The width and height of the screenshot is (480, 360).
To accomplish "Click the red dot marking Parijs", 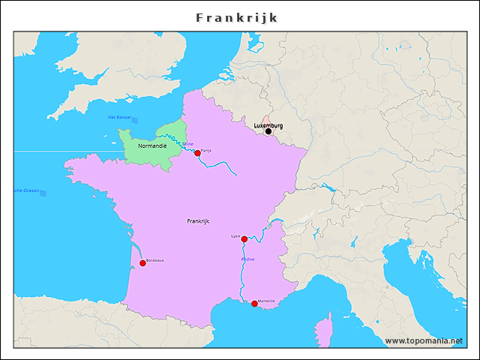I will pyautogui.click(x=197, y=153).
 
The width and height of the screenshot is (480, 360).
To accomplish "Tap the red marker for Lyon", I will pyautogui.click(x=244, y=239).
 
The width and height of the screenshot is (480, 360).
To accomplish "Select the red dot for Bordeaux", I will pyautogui.click(x=142, y=263).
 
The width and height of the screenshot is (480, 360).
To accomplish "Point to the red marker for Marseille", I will pyautogui.click(x=254, y=304).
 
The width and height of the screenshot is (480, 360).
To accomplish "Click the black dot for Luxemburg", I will pyautogui.click(x=268, y=131).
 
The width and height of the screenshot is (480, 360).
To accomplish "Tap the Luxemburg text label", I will pyautogui.click(x=268, y=124).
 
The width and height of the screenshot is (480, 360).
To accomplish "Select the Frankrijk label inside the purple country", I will pyautogui.click(x=198, y=221).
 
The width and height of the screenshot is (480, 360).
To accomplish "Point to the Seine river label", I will pyautogui.click(x=187, y=143).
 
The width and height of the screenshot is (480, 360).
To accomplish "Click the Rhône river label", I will pyautogui.click(x=247, y=259).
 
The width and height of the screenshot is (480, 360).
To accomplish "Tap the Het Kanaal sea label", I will pyautogui.click(x=119, y=118).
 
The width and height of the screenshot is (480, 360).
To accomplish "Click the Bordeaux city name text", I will pyautogui.click(x=154, y=260).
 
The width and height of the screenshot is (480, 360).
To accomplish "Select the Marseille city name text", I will pyautogui.click(x=266, y=301).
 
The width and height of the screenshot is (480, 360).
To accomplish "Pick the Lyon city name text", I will pyautogui.click(x=235, y=236).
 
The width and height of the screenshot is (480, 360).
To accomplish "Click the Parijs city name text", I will pyautogui.click(x=206, y=150).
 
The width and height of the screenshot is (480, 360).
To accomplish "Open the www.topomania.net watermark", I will pyautogui.click(x=424, y=340).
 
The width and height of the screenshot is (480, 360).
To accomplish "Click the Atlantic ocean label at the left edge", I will pyautogui.click(x=27, y=191).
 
